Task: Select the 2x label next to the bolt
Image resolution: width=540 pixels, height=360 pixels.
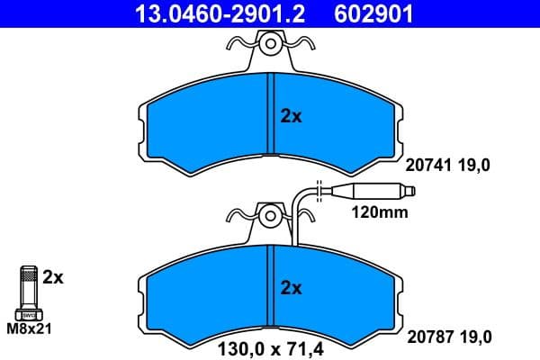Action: (x=53, y=278)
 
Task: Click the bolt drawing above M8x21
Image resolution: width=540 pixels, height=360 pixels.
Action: (x=29, y=292)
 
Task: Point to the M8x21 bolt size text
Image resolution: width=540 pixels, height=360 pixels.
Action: (x=30, y=328)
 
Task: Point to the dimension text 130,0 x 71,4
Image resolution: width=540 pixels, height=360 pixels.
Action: (x=270, y=347)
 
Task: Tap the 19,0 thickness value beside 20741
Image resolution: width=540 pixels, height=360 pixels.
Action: (x=477, y=165)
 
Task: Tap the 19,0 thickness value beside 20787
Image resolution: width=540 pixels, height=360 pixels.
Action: (x=477, y=337)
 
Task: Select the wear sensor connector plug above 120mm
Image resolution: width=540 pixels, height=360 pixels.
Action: (x=368, y=191)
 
